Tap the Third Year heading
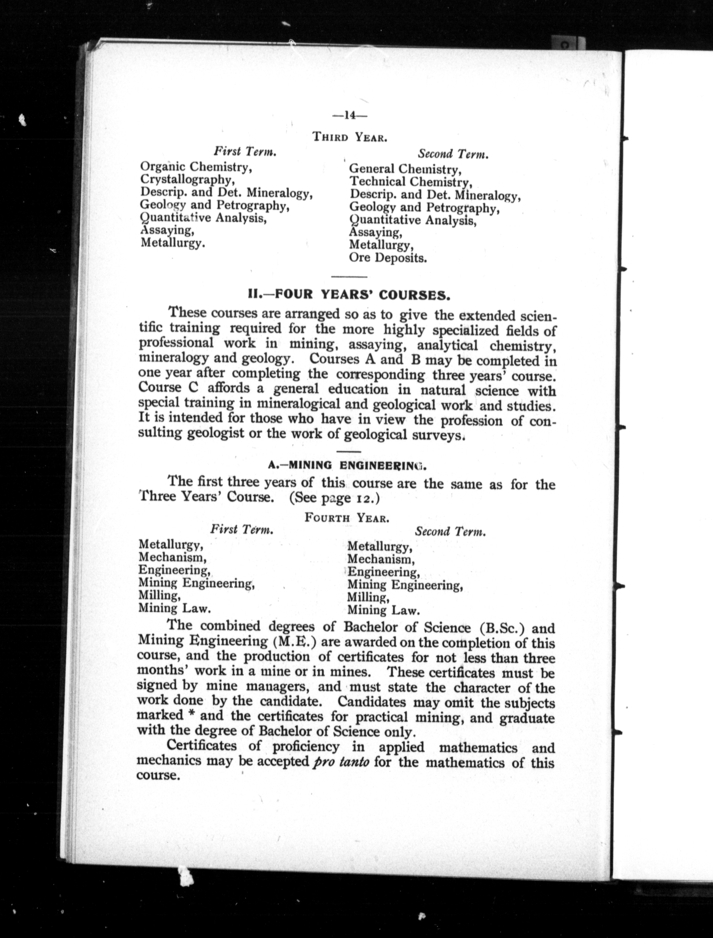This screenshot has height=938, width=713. coord(349,137)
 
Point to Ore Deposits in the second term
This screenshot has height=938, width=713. coord(388,258)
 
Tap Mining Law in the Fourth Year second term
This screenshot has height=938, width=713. coord(383,611)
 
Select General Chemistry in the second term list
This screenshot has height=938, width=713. coord(405,169)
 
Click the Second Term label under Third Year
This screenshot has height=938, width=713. coord(453,154)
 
